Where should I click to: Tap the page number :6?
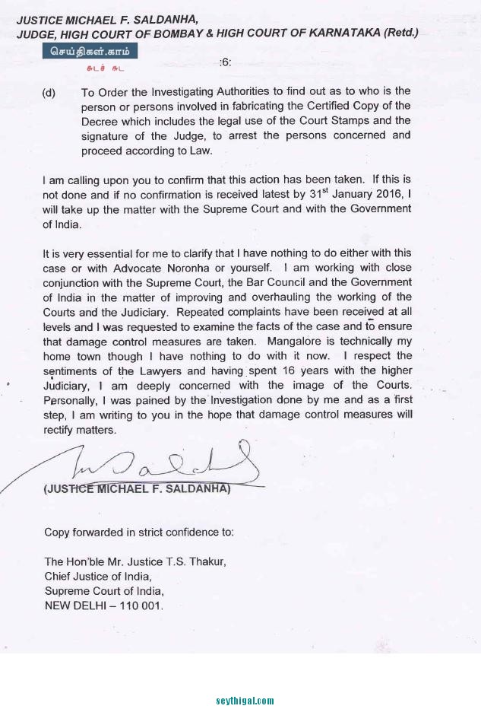[x=225, y=62]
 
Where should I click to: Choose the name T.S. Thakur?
[x=192, y=562]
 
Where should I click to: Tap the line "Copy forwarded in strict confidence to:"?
[x=139, y=533]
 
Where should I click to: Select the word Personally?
[x=74, y=400]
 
